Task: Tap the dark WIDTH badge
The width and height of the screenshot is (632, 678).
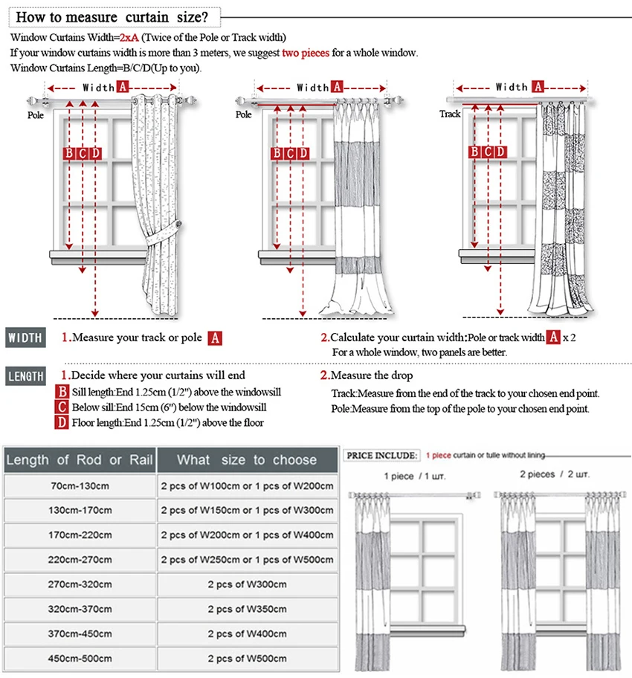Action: (x=26, y=337)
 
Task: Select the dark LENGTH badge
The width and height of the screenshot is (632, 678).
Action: (x=26, y=376)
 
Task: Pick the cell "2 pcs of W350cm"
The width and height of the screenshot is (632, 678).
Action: (x=247, y=609)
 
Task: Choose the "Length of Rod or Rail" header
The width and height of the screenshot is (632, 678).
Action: (x=79, y=460)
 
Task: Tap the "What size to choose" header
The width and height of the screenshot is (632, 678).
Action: (x=247, y=460)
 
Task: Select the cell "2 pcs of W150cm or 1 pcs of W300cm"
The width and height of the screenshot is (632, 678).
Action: (x=247, y=511)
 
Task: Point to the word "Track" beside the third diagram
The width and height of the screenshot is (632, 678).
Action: (x=450, y=114)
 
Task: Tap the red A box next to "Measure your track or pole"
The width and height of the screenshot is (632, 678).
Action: (x=215, y=338)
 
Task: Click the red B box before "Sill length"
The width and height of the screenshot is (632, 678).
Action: (x=62, y=392)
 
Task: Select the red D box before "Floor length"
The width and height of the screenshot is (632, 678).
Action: (x=62, y=422)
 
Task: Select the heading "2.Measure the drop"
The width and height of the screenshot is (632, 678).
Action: (x=366, y=375)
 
